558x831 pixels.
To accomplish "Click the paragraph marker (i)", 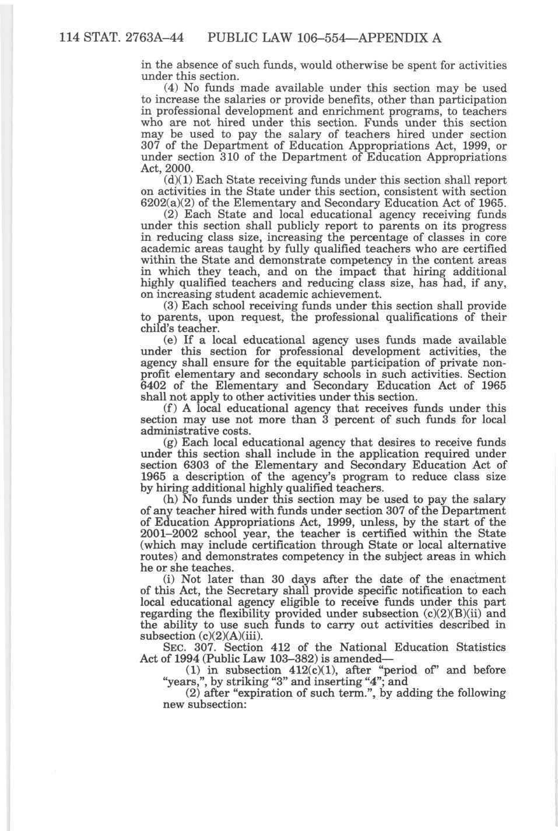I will pos(168,580).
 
